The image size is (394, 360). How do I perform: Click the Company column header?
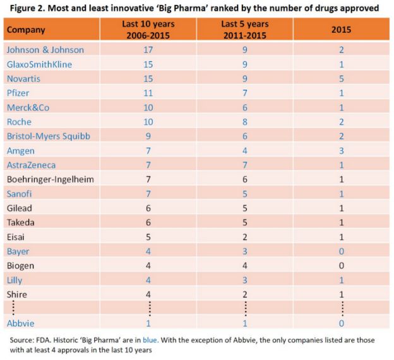[x=26, y=29]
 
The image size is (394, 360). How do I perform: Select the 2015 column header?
[x=340, y=29]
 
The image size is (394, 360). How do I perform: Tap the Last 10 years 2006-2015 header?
[x=148, y=29]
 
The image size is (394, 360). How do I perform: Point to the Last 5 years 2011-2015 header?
[x=244, y=29]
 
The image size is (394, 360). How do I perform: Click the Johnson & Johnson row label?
[x=44, y=50]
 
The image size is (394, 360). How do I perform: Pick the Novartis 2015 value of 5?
[x=340, y=78]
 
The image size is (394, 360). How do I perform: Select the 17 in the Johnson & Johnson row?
[x=148, y=50]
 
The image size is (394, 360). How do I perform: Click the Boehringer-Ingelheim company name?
[x=50, y=179]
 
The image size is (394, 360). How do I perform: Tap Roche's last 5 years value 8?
[x=244, y=122]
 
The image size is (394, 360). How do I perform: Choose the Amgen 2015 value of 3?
[x=340, y=150]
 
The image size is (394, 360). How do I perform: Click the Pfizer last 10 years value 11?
[x=148, y=93]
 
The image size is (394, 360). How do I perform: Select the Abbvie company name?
[x=21, y=323]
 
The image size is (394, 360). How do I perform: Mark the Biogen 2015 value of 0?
[x=340, y=265]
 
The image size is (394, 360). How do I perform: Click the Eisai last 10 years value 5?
[x=148, y=237]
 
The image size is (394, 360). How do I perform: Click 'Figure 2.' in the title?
[x=22, y=8]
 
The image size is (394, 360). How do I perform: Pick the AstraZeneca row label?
[x=32, y=165]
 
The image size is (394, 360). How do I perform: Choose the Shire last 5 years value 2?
[x=244, y=294]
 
